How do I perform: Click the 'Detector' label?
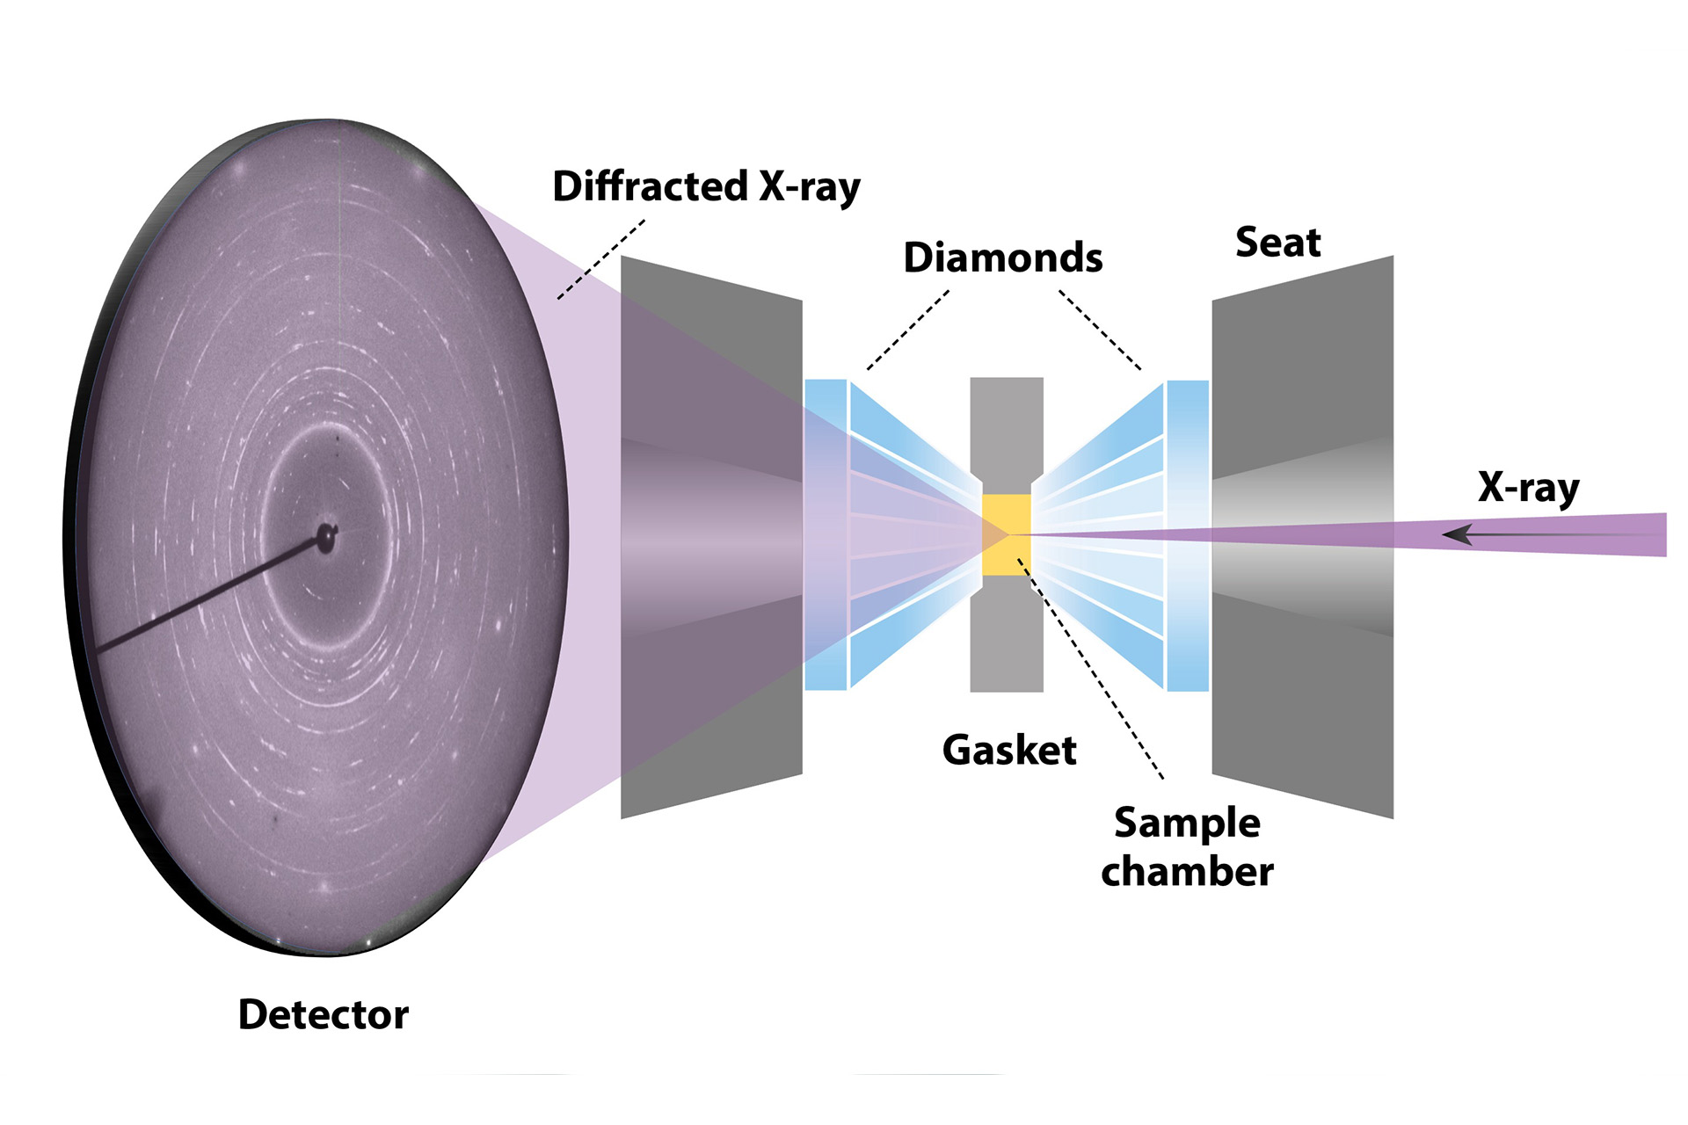[x=323, y=1014]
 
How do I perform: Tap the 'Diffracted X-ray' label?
[x=706, y=186]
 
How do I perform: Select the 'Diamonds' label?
[x=1002, y=258]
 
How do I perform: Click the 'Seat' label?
[x=1277, y=242]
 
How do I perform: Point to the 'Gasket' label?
[x=1009, y=750]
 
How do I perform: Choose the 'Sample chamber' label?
[x=1187, y=846]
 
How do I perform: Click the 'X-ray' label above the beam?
[x=1528, y=487]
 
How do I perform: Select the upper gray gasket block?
[x=1007, y=422]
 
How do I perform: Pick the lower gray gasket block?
[x=1007, y=646]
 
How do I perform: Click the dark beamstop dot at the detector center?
[x=326, y=535]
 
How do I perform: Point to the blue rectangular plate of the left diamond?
[x=826, y=534]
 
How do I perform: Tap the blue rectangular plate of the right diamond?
[x=1188, y=534]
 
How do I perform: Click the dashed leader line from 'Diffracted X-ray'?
[x=600, y=260]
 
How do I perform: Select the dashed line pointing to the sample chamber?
[x=1090, y=668]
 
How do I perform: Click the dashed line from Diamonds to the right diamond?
[x=1100, y=330]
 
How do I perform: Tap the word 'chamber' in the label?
[x=1187, y=871]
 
